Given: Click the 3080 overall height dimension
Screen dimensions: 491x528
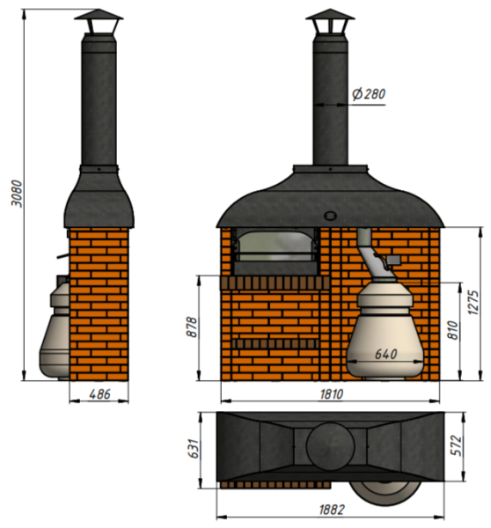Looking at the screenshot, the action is tap(17, 194).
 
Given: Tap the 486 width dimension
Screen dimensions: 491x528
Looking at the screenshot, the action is tap(99, 394).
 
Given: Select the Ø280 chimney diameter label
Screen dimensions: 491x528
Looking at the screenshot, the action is tap(369, 94).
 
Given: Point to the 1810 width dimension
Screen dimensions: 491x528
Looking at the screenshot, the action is tap(332, 394).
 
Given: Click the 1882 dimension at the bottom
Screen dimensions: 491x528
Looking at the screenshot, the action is tap(332, 510).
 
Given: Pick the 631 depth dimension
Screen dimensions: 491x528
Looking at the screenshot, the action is tap(194, 449).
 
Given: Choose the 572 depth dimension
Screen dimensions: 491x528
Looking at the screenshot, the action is tap(457, 445).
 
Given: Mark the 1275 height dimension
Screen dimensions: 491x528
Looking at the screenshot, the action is tap(473, 302).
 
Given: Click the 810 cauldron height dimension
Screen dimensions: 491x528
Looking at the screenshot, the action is tap(453, 330).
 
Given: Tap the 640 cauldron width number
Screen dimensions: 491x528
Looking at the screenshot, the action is tap(386, 354).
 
